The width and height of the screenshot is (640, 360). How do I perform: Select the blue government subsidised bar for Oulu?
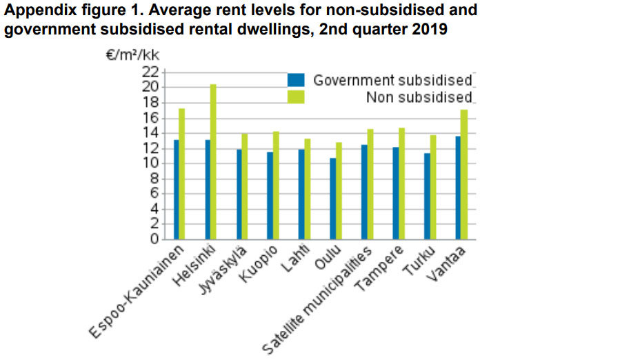coord(333,199)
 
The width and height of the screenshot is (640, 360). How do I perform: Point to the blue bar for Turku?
coord(428,197)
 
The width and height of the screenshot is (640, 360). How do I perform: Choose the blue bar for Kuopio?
coord(270,196)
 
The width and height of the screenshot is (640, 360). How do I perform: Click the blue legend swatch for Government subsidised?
coord(296,80)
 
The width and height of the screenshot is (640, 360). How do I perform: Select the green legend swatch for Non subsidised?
coord(296,97)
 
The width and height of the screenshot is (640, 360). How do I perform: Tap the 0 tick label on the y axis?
coord(154,240)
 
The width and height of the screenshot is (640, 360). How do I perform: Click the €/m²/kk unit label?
coord(132,56)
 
